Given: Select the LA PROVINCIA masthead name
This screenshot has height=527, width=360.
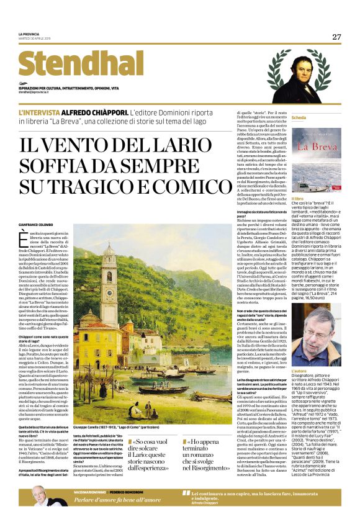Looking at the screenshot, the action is click(x=29, y=34).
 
